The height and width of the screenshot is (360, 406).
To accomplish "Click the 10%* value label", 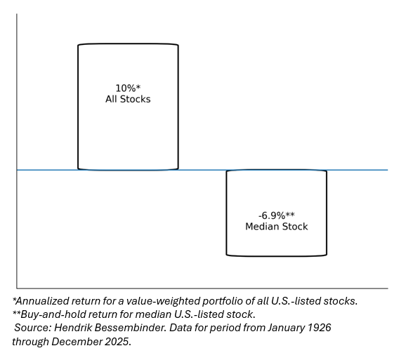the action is [128, 88].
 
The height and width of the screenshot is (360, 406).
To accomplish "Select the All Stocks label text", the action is [128, 99].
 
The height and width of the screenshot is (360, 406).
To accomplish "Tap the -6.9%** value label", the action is [276, 215].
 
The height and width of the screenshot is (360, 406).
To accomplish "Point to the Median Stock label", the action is [276, 226].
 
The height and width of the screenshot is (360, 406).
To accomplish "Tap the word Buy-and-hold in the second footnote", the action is [51, 314].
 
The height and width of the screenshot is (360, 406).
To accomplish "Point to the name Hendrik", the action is [73, 328].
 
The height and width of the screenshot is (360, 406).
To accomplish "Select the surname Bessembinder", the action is [131, 328].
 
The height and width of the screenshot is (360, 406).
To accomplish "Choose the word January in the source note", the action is [286, 328].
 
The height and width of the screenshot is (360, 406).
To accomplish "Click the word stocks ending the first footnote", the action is [341, 301].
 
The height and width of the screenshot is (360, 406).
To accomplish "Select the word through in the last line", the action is [30, 342].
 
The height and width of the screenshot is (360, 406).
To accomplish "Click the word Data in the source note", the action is [181, 328].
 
